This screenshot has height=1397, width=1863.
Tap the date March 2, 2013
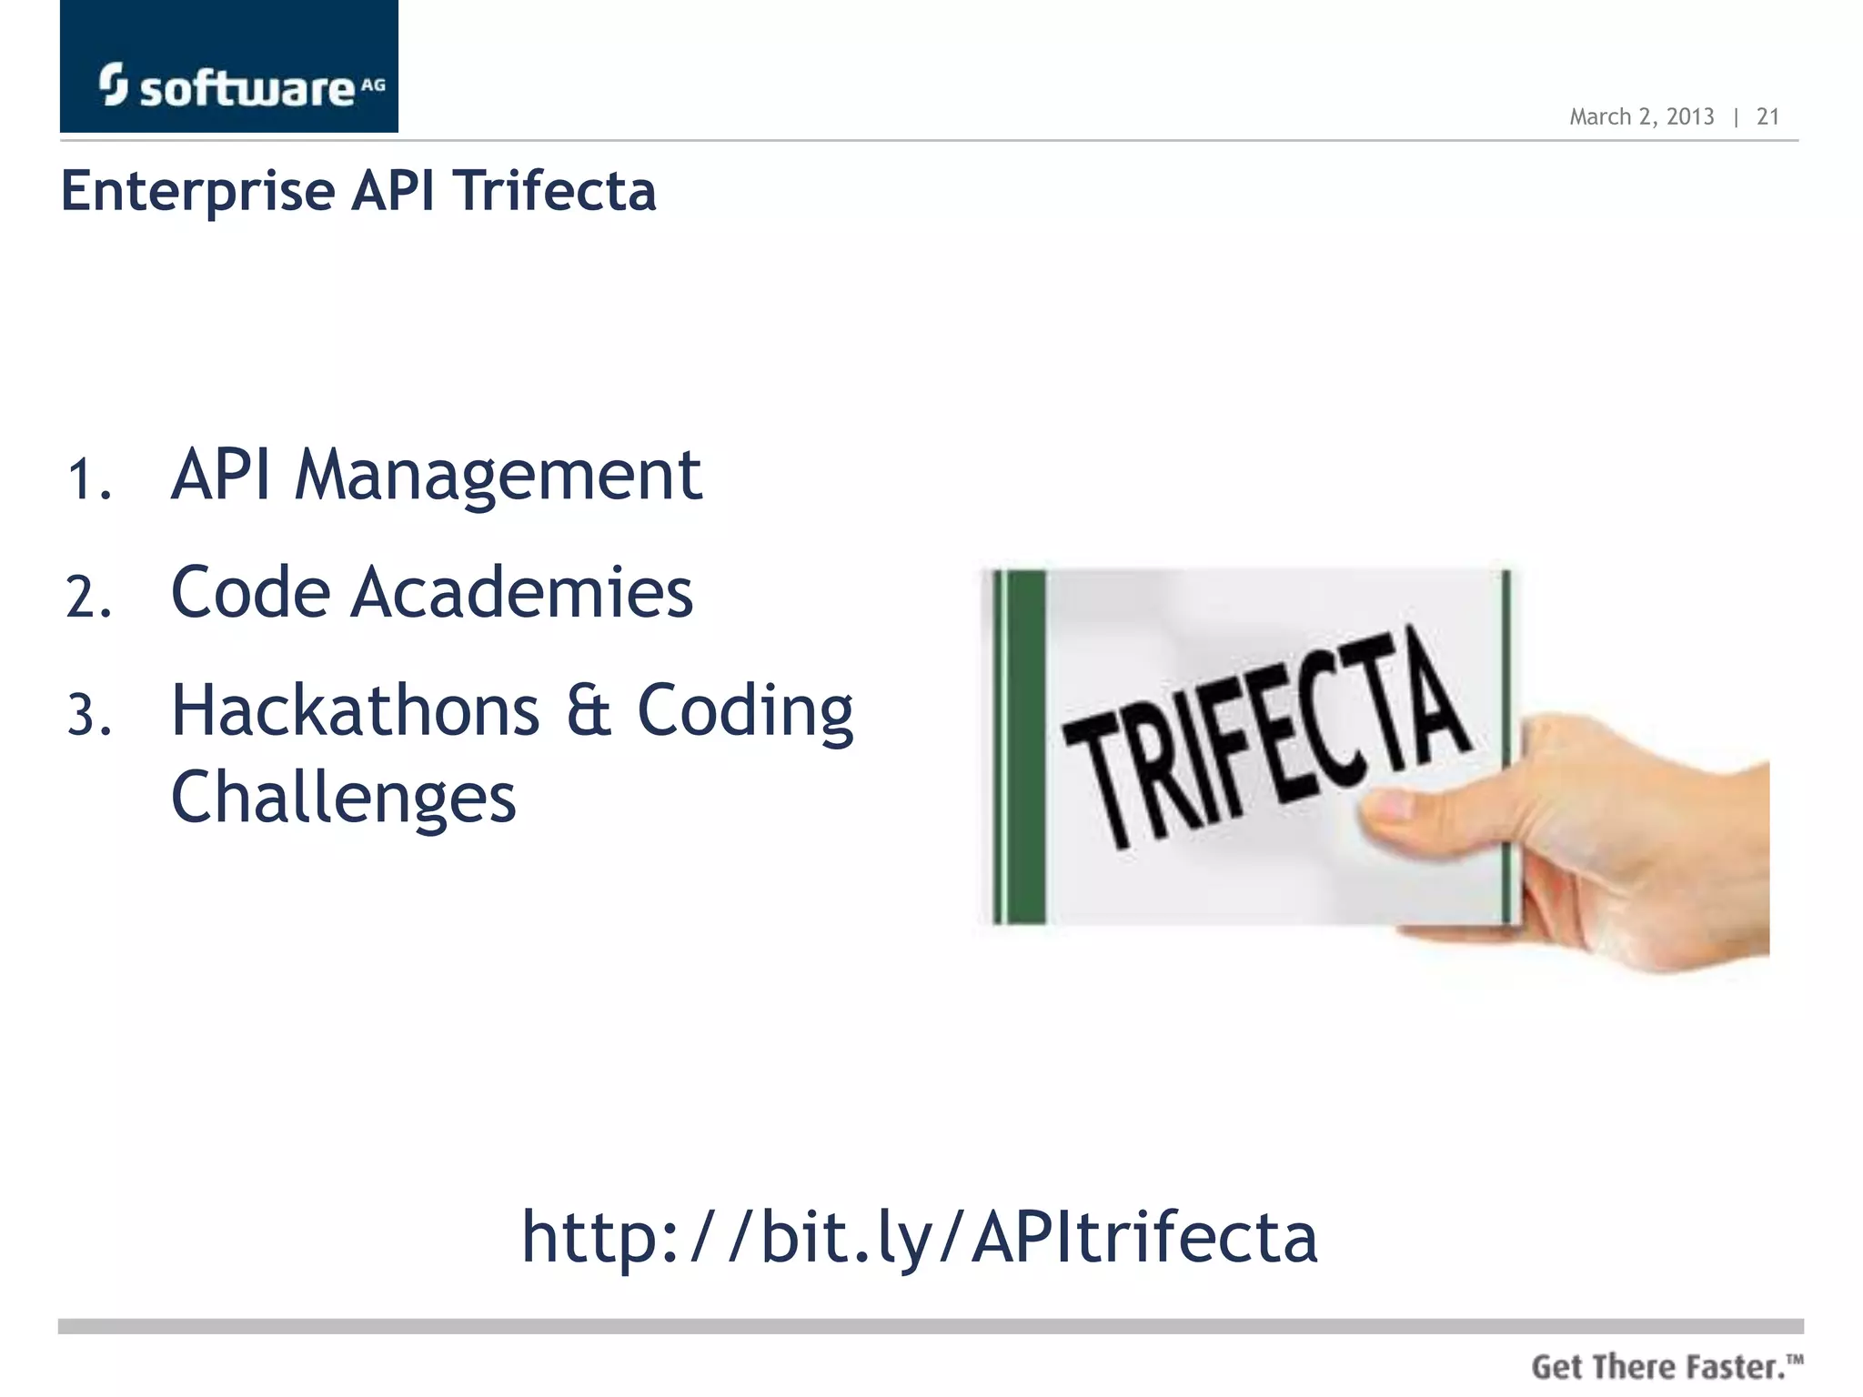click(1641, 116)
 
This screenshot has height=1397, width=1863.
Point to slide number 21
click(1767, 116)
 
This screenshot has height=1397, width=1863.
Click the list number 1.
click(89, 480)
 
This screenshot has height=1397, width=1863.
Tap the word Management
click(498, 477)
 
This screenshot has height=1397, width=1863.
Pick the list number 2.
click(89, 598)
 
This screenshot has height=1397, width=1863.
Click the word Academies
click(523, 593)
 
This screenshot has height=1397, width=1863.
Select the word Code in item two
click(249, 593)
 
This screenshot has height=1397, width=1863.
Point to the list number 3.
click(89, 716)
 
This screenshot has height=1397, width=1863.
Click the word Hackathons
click(356, 710)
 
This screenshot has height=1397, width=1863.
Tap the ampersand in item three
click(589, 711)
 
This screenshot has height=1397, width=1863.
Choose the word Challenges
click(344, 798)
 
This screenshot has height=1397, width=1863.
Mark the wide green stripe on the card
click(1027, 746)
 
